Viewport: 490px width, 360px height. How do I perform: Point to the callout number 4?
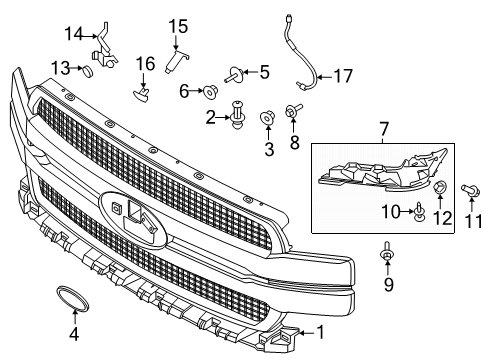coord(74,333)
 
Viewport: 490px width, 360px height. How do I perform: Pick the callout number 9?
coord(389,285)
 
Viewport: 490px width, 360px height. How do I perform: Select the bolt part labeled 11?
coord(466,189)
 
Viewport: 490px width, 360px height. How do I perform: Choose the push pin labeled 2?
coord(238,120)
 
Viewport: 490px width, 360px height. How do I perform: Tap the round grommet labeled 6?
coord(213,91)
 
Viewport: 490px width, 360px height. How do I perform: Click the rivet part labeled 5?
coord(235,73)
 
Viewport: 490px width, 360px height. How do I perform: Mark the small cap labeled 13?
coord(88,71)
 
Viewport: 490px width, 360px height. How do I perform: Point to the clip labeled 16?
coord(143,94)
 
